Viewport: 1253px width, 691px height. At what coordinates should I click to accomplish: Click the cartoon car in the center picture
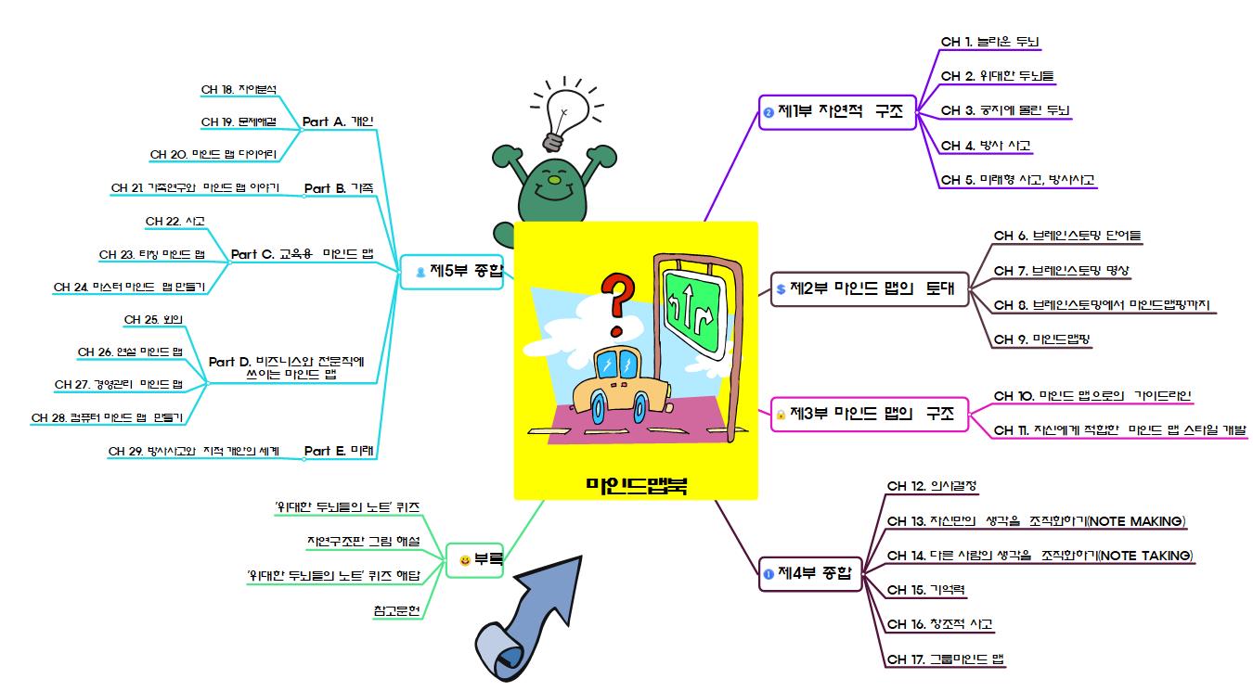616,386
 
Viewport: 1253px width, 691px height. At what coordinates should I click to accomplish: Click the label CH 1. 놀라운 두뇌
990,42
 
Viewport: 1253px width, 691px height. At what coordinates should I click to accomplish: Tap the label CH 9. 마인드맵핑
1041,339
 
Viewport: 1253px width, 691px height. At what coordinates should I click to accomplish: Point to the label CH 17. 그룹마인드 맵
946,659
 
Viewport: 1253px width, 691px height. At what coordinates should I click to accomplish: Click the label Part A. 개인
338,122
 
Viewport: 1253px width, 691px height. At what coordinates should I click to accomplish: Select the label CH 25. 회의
153,320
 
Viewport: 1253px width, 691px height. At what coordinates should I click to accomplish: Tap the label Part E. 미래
339,451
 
